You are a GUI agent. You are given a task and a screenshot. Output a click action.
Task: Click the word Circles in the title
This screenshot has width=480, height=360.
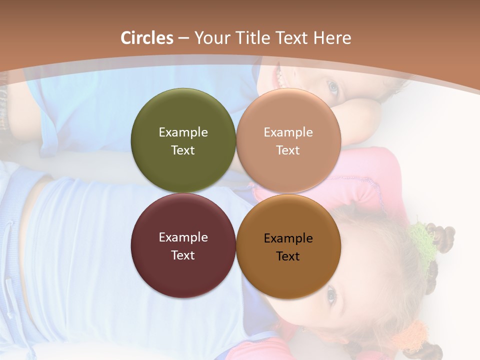point(147,38)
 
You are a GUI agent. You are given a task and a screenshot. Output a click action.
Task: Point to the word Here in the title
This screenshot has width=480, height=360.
point(332,38)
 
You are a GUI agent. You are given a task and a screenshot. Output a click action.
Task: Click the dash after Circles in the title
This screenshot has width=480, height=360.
point(183,38)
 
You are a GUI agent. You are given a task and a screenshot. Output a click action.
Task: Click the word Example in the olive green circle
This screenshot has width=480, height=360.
point(183,132)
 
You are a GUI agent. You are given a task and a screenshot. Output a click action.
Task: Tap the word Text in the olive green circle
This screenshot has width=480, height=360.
point(183,150)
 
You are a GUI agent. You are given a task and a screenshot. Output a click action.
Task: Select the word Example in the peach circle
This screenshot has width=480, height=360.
point(288,132)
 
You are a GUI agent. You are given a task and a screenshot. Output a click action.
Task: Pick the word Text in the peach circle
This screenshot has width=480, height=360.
point(288,150)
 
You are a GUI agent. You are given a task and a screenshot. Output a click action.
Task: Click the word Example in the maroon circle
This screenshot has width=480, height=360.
point(183,237)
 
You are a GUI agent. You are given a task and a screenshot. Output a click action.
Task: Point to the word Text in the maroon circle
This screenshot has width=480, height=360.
point(183,255)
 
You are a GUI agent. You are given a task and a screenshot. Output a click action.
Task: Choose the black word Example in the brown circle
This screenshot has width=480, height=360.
point(288,238)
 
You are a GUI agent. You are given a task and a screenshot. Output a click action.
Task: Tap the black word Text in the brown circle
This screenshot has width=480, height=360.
point(288,256)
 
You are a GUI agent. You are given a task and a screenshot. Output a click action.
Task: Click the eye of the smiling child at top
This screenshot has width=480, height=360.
point(332,88)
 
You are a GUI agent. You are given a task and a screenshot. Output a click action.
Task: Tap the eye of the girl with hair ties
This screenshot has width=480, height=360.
point(331,295)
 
